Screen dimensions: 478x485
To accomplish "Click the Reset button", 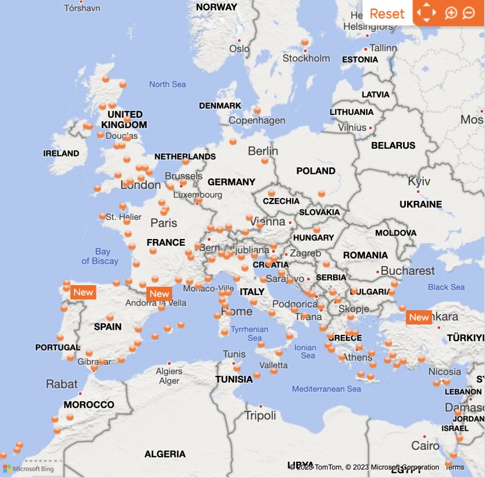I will (x=387, y=13).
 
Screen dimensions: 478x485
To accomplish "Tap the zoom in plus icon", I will (x=451, y=13).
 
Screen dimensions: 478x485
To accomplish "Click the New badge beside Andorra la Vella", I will (x=159, y=294).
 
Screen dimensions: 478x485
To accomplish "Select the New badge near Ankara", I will (x=419, y=317).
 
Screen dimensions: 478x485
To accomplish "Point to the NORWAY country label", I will (x=217, y=7).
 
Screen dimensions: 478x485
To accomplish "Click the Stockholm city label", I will (x=306, y=58).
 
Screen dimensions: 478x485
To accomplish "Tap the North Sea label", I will (x=167, y=84).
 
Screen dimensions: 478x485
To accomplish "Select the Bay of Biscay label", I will (x=100, y=256).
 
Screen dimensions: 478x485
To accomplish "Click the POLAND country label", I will (x=316, y=171).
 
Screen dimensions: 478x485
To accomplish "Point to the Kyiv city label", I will (x=419, y=181).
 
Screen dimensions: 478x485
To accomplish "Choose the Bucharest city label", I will (x=408, y=270).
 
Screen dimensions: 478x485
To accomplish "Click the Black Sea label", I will (x=446, y=287).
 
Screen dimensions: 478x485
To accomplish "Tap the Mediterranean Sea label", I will (x=326, y=389).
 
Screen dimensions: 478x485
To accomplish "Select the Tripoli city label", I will (x=260, y=416).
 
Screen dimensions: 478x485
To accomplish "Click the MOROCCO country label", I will (x=89, y=405).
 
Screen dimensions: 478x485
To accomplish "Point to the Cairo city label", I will (x=426, y=446).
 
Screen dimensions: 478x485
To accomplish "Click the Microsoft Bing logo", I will (x=29, y=469).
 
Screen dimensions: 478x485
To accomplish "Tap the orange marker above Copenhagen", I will (x=258, y=110).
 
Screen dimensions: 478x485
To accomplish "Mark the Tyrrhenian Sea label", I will (x=249, y=333).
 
